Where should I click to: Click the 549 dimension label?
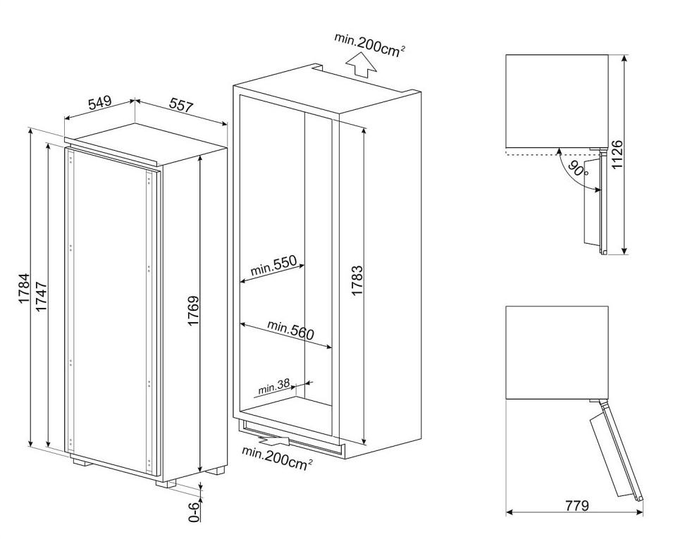[99, 103]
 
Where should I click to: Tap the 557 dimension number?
[181, 106]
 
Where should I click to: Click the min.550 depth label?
[273, 267]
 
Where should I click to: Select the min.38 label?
[274, 386]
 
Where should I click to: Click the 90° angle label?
[579, 168]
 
